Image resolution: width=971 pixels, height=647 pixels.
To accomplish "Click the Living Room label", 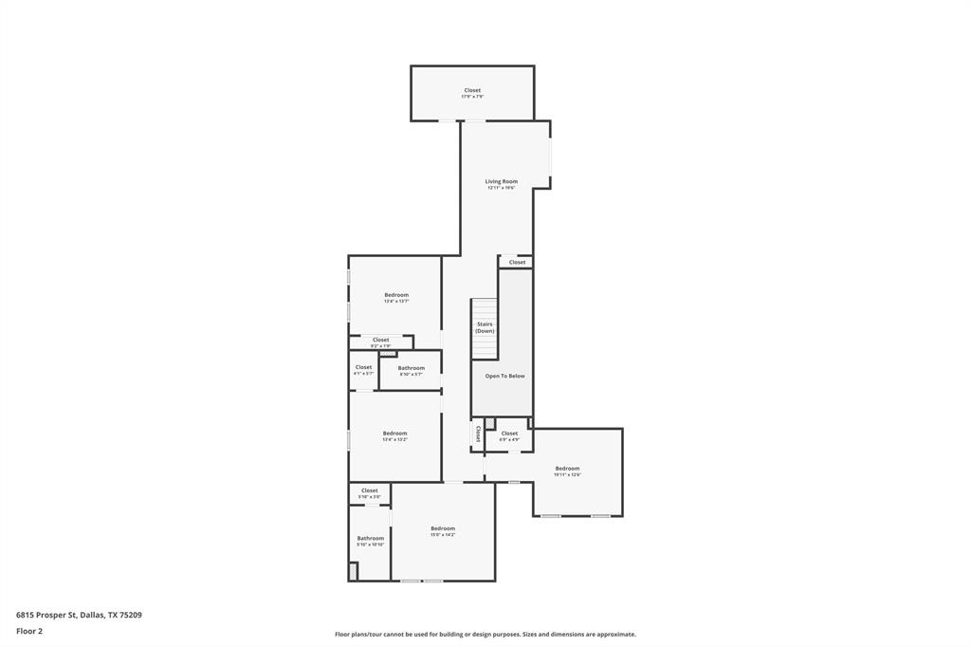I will coord(501,181).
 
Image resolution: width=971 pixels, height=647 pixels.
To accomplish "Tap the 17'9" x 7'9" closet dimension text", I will coord(472,97).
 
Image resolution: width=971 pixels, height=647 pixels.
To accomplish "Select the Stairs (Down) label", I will coord(485,327).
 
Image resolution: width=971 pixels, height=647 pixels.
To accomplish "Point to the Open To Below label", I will coord(504,376).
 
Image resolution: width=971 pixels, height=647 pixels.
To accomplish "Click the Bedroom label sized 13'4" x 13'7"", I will coord(396,295).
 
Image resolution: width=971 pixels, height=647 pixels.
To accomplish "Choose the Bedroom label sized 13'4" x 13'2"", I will coord(394,434).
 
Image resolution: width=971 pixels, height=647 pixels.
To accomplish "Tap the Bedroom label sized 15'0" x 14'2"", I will coord(443,528).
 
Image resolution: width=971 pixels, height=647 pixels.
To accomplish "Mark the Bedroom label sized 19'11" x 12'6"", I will coord(567,469).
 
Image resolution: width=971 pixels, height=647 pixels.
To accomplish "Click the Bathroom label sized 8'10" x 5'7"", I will coord(411,368).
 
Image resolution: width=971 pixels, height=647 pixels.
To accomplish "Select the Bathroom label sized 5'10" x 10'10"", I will coord(370,538).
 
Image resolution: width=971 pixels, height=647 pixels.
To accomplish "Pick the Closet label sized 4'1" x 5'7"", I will coord(363,367).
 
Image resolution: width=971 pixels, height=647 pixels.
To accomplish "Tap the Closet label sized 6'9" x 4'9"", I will coord(509,434).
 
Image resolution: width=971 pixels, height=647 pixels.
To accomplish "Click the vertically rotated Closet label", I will coord(477,434).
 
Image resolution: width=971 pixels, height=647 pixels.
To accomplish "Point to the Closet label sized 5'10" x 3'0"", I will coord(369,490).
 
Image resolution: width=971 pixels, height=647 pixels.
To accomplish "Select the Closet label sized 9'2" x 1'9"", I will coord(380,340).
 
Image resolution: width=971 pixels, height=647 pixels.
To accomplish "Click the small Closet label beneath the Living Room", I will coord(517,263).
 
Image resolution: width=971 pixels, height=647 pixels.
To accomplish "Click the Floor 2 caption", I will coord(29,631).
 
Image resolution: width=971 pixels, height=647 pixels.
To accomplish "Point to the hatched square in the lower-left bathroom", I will coord(354,571).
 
